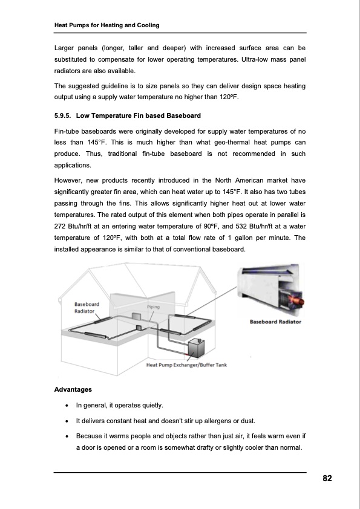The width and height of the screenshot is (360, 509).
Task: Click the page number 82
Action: coord(327,478)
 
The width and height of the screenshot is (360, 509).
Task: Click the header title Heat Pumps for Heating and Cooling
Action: coord(106,25)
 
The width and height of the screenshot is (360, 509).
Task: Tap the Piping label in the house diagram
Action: coord(154,307)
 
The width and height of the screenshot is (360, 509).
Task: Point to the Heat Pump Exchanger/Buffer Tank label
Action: coord(186,365)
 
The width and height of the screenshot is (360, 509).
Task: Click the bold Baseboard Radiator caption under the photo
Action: coord(275,322)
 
